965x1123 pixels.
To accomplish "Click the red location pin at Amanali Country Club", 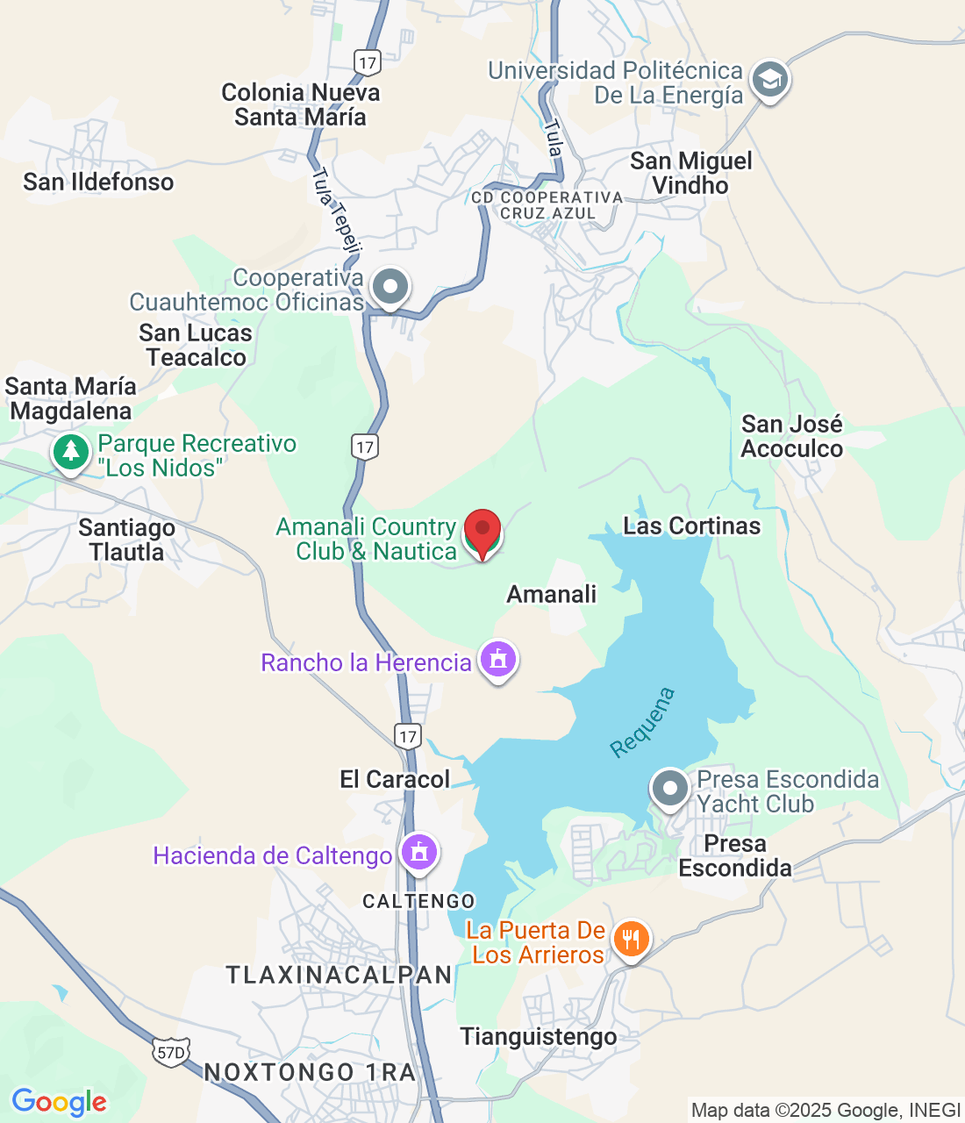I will tap(482, 531).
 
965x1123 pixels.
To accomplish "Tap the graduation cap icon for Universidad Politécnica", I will tap(769, 80).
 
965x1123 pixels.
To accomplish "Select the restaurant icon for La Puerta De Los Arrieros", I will tap(630, 940).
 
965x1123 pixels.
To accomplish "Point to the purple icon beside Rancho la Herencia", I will tap(498, 658).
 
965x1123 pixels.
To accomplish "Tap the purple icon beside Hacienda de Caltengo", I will tap(419, 851).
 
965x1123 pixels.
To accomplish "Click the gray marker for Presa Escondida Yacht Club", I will tap(670, 788).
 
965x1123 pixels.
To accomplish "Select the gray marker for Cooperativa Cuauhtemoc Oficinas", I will tap(390, 287).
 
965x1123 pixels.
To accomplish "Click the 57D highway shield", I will tap(170, 1052).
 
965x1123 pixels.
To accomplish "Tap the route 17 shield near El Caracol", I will tap(408, 736).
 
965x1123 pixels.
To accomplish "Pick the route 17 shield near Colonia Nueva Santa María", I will tap(368, 62).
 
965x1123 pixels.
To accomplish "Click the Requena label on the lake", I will tap(643, 722).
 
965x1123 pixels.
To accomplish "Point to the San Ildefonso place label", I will tap(98, 182).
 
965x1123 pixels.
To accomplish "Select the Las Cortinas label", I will tap(691, 526).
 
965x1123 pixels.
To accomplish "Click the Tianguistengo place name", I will tap(539, 1037).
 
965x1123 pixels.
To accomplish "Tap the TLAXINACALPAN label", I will tap(340, 975).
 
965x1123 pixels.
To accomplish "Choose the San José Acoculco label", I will tap(791, 436).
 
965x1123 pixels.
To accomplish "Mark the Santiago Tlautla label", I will tap(126, 540).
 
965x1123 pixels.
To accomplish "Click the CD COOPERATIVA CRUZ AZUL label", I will tap(547, 205).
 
